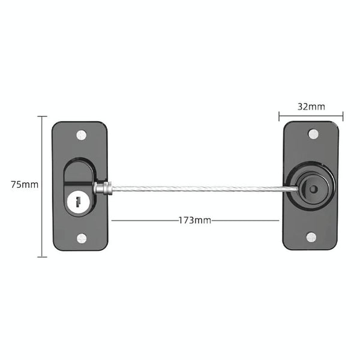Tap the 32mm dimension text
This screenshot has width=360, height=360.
(311, 107)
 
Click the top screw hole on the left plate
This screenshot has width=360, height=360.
(82, 135)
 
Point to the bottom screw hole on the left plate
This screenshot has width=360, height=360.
(82, 239)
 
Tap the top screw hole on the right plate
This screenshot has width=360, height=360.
(311, 134)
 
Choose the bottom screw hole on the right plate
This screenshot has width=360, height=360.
(311, 237)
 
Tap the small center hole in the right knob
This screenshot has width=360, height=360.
(313, 188)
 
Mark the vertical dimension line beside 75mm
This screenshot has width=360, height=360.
(42, 156)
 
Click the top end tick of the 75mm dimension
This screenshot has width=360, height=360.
(42, 116)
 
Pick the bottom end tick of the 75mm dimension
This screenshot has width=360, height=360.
(42, 257)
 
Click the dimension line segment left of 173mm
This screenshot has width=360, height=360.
(144, 220)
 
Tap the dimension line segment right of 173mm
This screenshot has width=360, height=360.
(246, 220)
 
